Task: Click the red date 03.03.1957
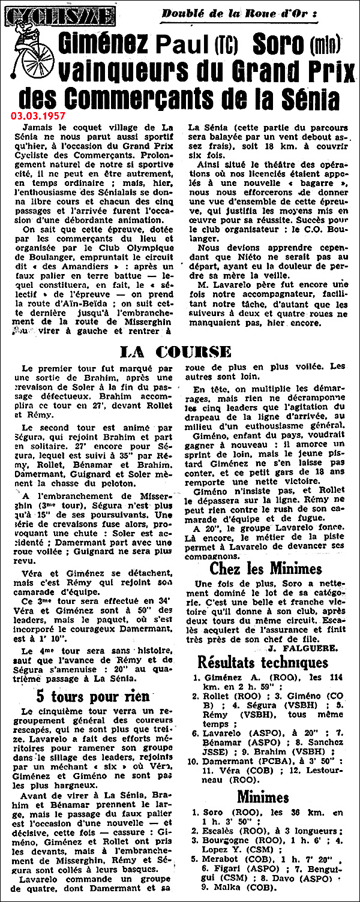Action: (46, 114)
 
